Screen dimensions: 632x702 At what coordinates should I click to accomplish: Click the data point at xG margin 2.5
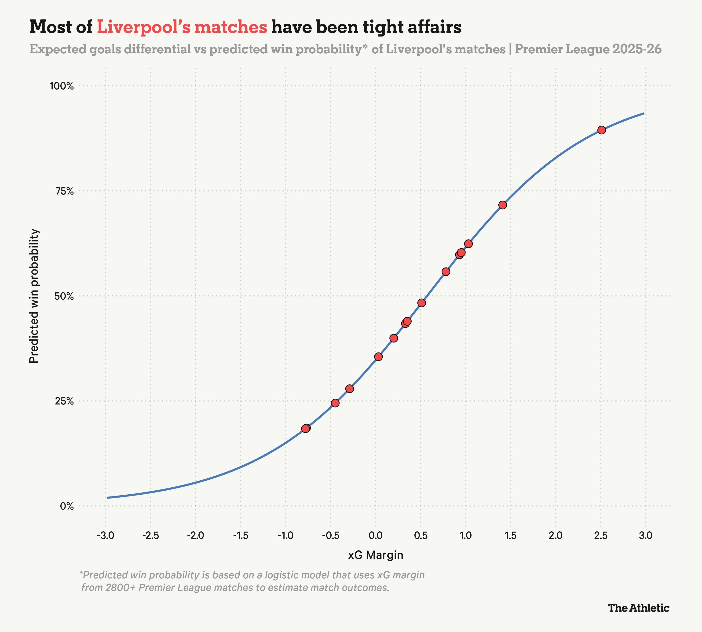coord(602,130)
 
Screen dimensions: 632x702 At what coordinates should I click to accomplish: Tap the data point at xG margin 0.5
coord(421,303)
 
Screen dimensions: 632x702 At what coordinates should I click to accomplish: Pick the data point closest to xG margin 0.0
coord(378,357)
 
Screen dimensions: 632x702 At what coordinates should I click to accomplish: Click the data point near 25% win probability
coord(335,403)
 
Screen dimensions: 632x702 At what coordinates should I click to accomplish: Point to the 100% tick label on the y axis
coord(62,86)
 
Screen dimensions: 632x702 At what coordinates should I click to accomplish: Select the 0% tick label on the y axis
coord(67,506)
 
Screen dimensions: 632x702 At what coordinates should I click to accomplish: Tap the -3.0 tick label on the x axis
coord(106,536)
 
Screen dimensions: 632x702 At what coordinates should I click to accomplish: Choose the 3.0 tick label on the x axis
coord(645,536)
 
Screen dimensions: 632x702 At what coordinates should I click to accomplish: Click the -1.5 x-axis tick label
coord(241,536)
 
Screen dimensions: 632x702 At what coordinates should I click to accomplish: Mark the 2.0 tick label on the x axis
coord(556,536)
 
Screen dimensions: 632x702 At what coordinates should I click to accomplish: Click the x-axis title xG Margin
coord(376,555)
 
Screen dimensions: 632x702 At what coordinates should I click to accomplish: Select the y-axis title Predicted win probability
coord(34,296)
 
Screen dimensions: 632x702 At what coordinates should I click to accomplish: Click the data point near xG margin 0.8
coord(446,272)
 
